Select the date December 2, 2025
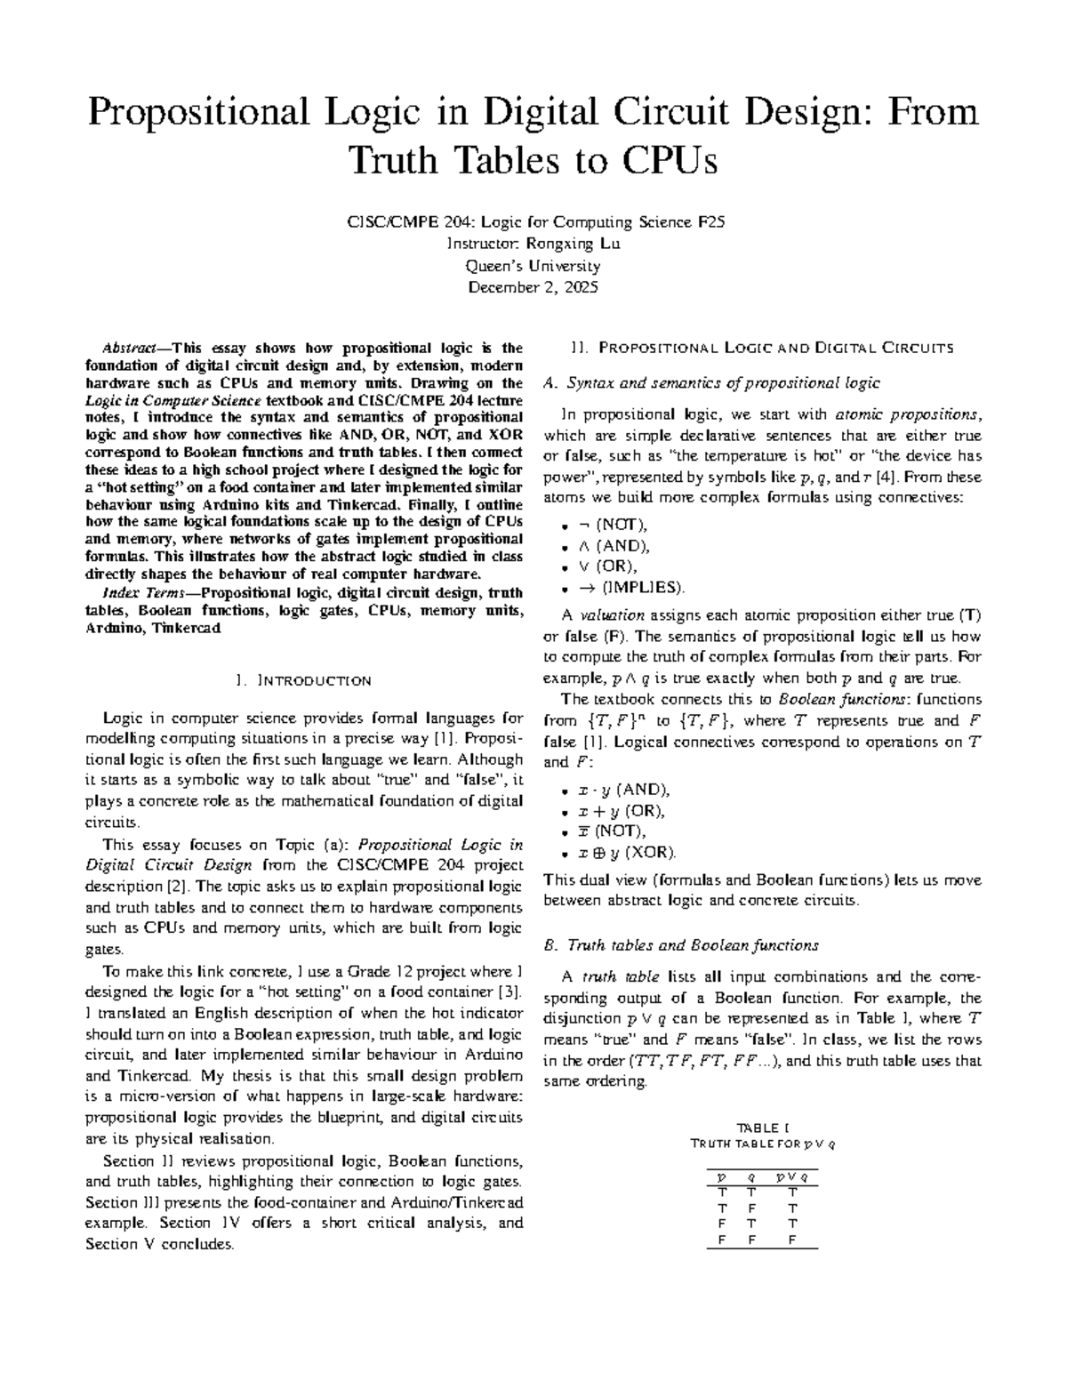click(533, 287)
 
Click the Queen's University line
click(533, 266)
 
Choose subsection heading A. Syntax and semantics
click(711, 383)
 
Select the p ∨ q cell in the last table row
click(792, 1240)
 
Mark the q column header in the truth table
click(751, 1179)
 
